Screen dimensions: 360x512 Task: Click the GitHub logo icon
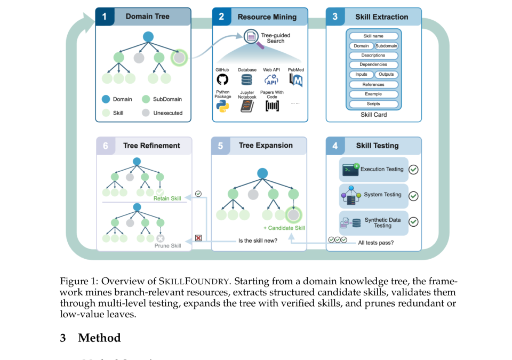222,79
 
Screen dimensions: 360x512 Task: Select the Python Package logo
222,106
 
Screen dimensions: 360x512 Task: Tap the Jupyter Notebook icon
246,106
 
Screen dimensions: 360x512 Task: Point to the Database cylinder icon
246,80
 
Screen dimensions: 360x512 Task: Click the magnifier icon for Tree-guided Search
252,38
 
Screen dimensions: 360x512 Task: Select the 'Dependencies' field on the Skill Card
373,65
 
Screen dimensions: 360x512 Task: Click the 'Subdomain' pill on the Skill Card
386,46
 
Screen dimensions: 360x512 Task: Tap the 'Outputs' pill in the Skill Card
386,75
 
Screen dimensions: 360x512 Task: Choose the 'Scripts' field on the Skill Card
373,104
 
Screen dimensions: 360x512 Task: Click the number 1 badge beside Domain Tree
105,17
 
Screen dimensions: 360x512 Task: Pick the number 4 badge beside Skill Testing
335,146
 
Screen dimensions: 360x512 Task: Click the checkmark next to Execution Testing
413,170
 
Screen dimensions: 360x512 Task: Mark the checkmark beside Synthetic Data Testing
413,222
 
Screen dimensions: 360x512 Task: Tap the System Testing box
374,195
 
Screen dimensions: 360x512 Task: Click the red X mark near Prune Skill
198,238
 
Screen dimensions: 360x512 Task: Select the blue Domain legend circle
106,99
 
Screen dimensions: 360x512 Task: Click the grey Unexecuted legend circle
146,113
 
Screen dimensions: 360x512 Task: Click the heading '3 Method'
90,338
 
